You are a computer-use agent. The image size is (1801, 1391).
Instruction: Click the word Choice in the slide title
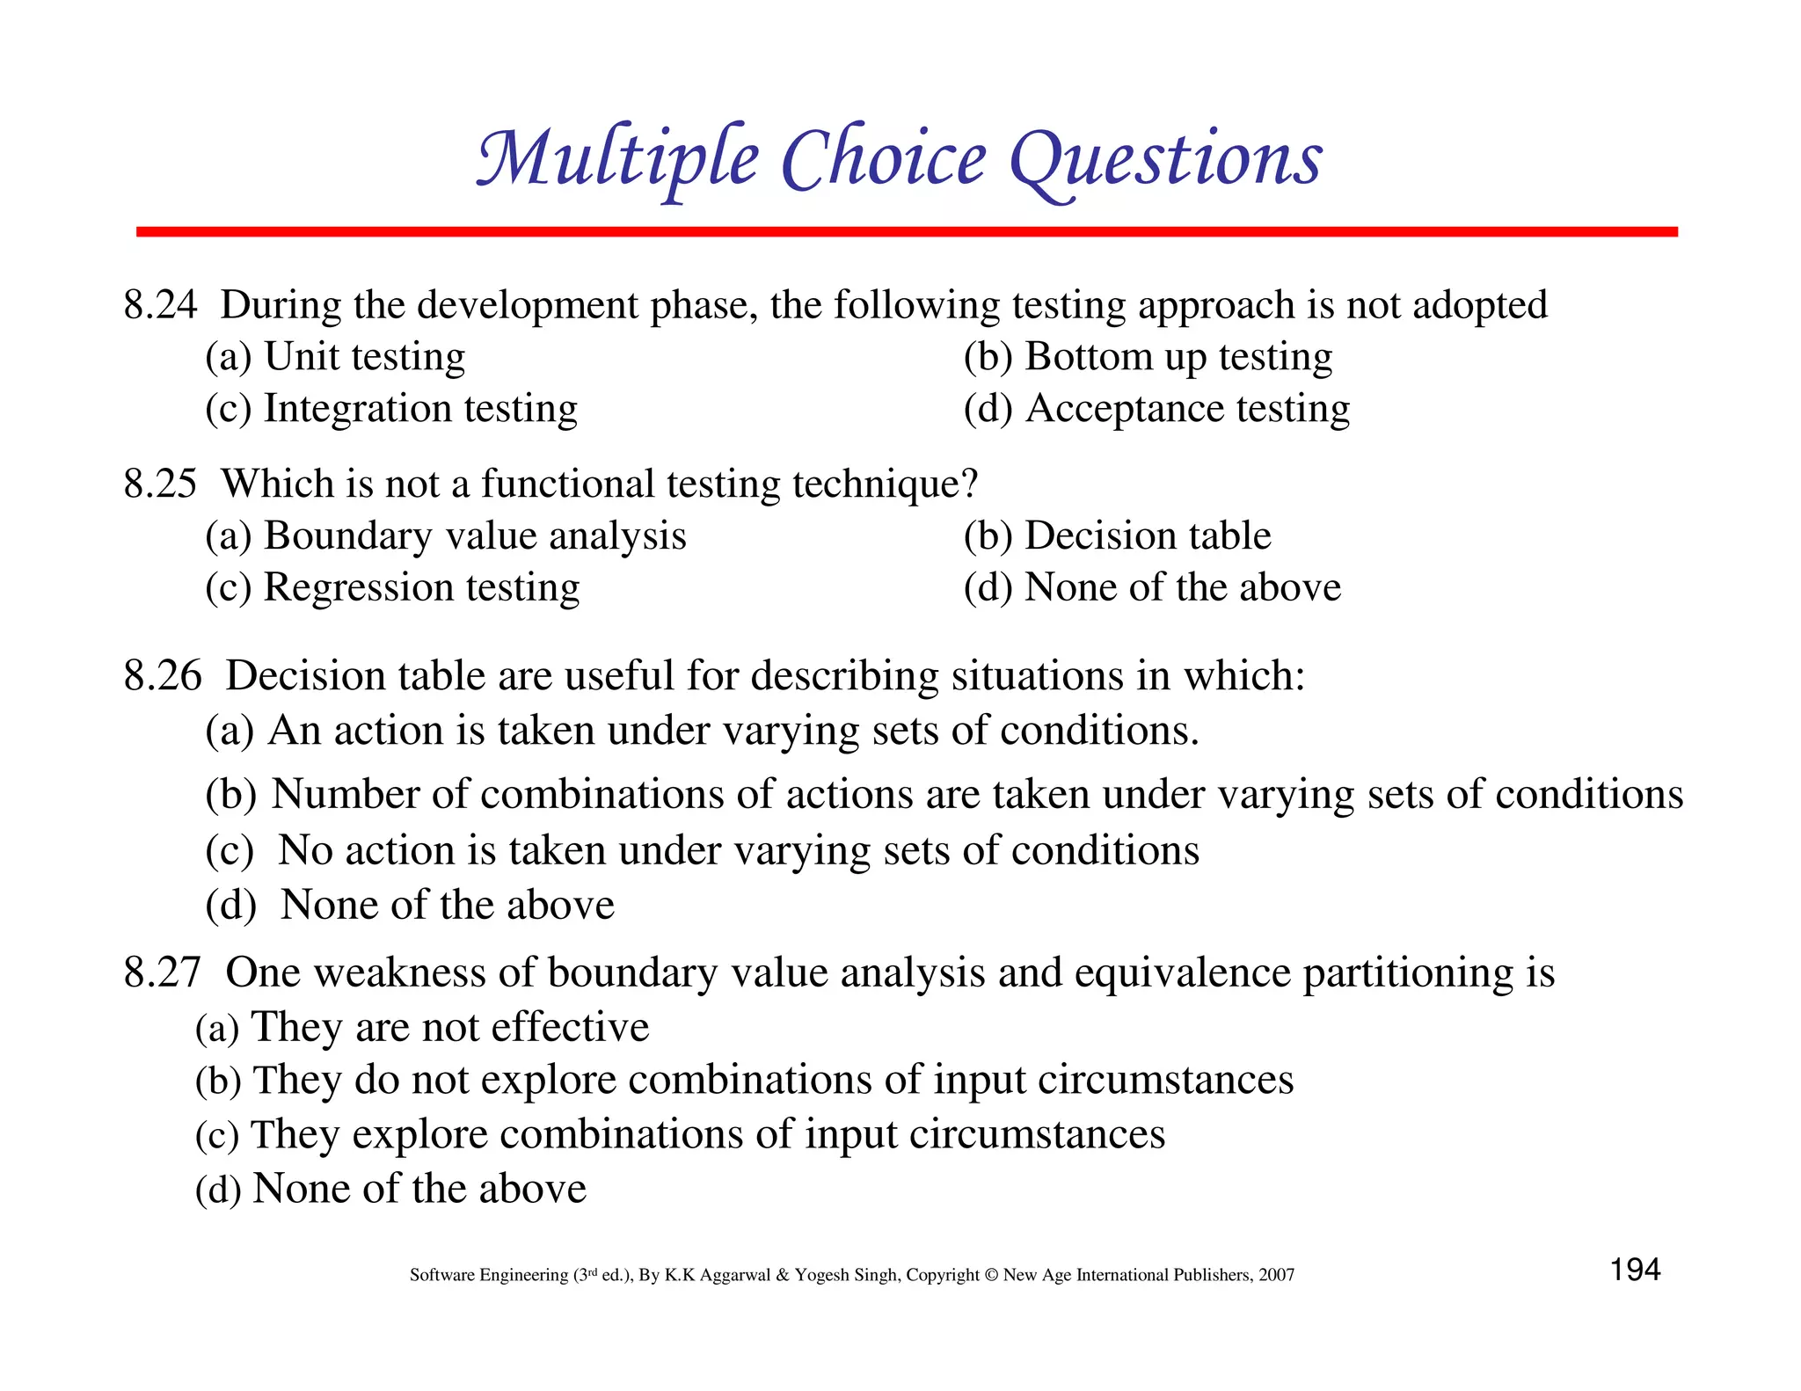tap(883, 159)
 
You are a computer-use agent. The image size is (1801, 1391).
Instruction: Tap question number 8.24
tap(160, 305)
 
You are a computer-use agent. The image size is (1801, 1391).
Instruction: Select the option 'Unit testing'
tap(364, 357)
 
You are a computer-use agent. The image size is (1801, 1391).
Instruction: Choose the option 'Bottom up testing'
tap(1178, 357)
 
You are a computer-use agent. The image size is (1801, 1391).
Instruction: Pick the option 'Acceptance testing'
tap(1186, 409)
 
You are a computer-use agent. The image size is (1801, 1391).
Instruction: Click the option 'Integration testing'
tap(420, 409)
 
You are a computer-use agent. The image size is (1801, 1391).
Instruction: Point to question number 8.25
tap(160, 484)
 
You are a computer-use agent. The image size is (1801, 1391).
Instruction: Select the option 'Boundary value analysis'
tap(475, 535)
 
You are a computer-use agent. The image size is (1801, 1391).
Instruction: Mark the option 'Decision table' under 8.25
tap(1148, 535)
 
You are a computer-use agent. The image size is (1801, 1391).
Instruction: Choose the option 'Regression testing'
tap(421, 587)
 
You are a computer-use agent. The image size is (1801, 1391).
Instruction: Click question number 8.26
tap(163, 675)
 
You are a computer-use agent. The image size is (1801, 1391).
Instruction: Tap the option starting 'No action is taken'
tap(738, 850)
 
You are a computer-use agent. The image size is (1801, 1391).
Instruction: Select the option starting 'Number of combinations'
tap(976, 794)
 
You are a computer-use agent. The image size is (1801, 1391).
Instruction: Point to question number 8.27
tap(163, 972)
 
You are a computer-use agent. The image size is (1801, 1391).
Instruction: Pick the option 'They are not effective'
tap(449, 1027)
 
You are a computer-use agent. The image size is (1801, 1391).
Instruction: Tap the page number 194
tap(1635, 1270)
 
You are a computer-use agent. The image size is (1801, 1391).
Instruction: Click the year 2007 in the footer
tap(1276, 1275)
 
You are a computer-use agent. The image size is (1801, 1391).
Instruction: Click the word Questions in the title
tap(1165, 159)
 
